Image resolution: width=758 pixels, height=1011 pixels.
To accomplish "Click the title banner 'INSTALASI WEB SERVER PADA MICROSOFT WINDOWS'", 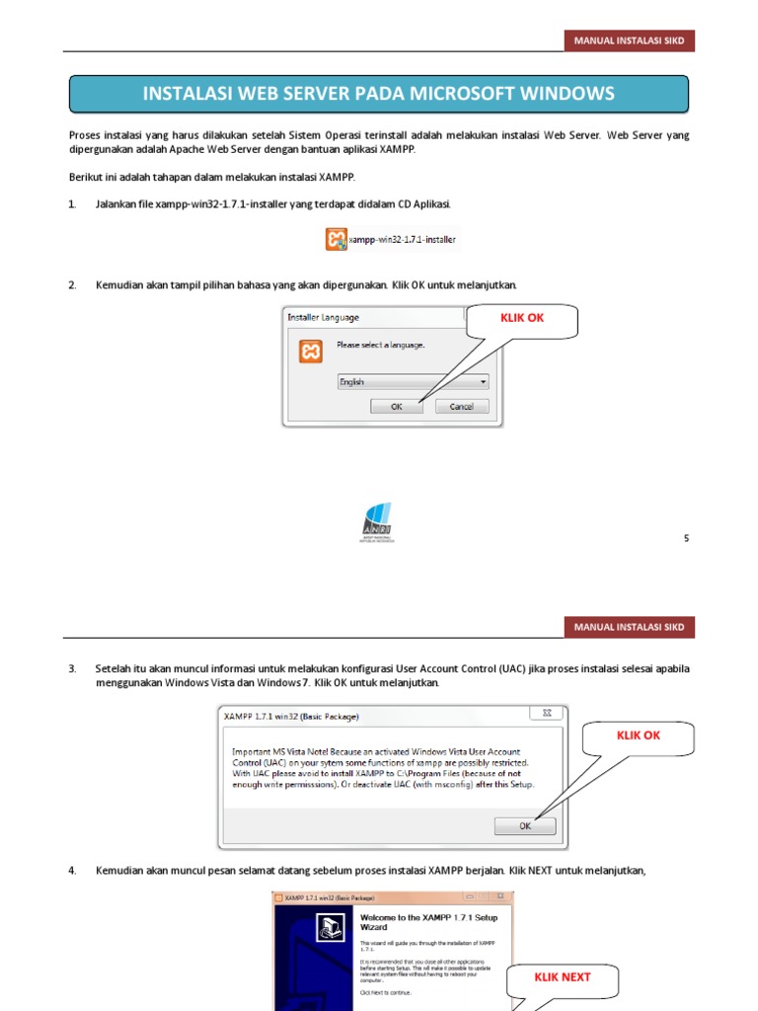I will (x=378, y=94).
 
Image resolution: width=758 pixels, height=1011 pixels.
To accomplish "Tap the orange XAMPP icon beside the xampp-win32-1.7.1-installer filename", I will (x=336, y=239).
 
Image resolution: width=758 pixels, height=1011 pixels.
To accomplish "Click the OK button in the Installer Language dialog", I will (x=397, y=406).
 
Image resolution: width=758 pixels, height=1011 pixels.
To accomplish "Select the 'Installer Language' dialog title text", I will (x=324, y=318).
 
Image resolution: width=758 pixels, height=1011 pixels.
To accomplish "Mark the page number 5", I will (x=686, y=538).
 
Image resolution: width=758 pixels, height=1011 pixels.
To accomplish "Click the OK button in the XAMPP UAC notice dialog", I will (x=525, y=825).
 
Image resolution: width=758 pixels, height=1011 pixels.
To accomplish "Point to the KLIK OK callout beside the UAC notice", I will (x=639, y=736).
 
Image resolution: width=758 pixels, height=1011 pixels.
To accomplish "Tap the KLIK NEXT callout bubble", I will (x=563, y=976).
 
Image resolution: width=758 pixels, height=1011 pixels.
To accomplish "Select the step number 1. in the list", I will (x=72, y=203).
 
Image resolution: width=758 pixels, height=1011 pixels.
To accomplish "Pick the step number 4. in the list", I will (x=72, y=870).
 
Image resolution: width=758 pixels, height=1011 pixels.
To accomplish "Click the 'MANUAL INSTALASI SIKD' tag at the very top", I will (x=629, y=40).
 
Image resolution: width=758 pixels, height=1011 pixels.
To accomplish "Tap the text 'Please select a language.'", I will (x=380, y=345).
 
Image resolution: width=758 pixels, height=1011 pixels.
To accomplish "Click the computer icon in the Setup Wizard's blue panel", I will (x=328, y=927).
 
